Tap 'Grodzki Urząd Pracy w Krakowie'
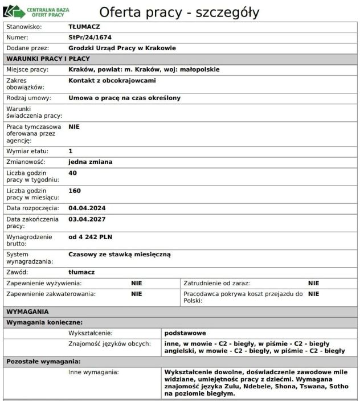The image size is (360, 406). pos(122,48)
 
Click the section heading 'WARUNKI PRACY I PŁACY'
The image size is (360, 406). pos(48,59)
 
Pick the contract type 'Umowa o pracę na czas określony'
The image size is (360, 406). pos(124,98)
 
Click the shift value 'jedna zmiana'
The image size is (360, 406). pos(90,162)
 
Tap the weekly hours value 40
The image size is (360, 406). pos(72,173)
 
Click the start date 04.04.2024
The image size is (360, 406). pos(87,208)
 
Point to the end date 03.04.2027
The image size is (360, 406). pos(87,219)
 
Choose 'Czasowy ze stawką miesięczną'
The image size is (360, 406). pos(119,254)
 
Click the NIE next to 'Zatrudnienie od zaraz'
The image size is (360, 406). pos(313,283)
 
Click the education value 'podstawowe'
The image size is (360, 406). pos(185,333)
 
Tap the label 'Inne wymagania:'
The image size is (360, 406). pos(93,372)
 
